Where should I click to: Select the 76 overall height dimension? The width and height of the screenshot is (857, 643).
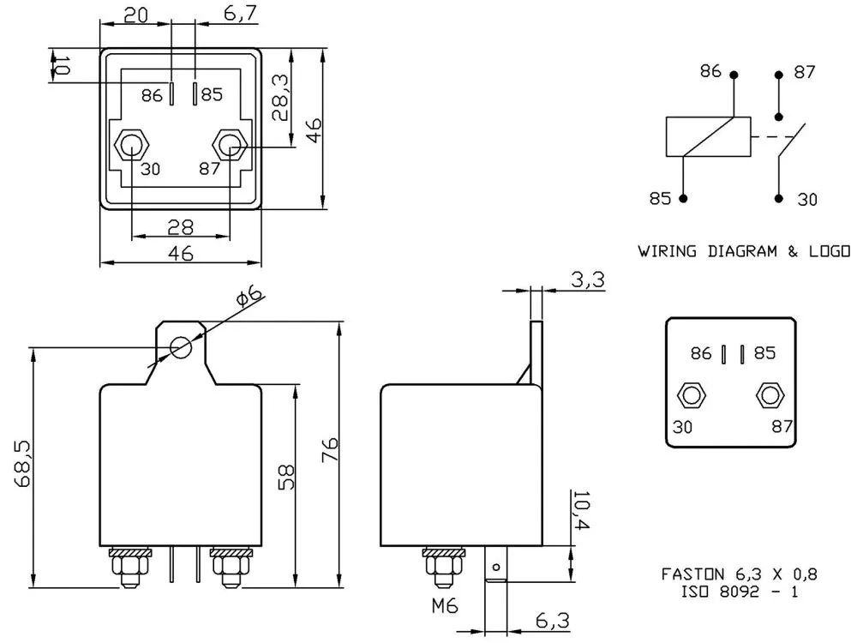coord(331,449)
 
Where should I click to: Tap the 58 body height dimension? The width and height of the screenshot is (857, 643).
coord(286,477)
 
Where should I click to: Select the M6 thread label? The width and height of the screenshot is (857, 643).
coord(446,606)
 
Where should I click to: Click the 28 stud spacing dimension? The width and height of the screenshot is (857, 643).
coord(180,227)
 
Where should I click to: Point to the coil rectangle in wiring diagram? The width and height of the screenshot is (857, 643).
coord(709,137)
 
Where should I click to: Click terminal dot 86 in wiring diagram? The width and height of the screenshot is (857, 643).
coord(734,75)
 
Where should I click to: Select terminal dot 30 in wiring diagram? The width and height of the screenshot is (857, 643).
coord(779,198)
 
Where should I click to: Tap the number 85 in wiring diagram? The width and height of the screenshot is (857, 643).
coord(659,199)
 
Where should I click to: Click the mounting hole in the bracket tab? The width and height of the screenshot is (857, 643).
coord(180,348)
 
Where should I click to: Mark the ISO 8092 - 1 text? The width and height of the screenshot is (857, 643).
coord(738,591)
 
